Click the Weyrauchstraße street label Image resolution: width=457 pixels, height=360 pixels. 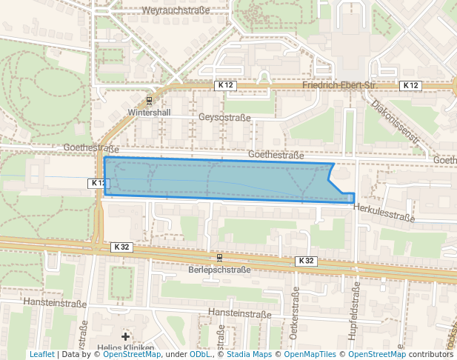[175, 11]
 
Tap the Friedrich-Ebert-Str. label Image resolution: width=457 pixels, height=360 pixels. [346, 86]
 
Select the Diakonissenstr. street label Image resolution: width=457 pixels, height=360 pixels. [396, 121]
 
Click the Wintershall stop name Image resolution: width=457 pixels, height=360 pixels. [149, 113]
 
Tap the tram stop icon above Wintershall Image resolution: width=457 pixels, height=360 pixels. [150, 101]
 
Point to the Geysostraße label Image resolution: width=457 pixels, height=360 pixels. [224, 118]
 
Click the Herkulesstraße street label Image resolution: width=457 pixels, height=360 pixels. [384, 217]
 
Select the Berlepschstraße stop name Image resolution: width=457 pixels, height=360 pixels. [220, 270]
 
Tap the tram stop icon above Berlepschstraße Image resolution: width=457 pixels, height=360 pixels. [220, 258]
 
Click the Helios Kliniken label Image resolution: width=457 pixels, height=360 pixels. [124, 348]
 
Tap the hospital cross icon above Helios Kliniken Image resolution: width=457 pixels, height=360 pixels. [125, 337]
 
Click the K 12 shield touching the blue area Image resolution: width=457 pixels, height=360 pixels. [98, 182]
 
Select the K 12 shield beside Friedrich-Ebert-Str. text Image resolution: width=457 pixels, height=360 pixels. [226, 86]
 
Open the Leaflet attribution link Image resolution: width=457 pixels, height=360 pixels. [41, 355]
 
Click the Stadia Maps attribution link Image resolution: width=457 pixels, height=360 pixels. [249, 355]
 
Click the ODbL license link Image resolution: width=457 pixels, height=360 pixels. [201, 355]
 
